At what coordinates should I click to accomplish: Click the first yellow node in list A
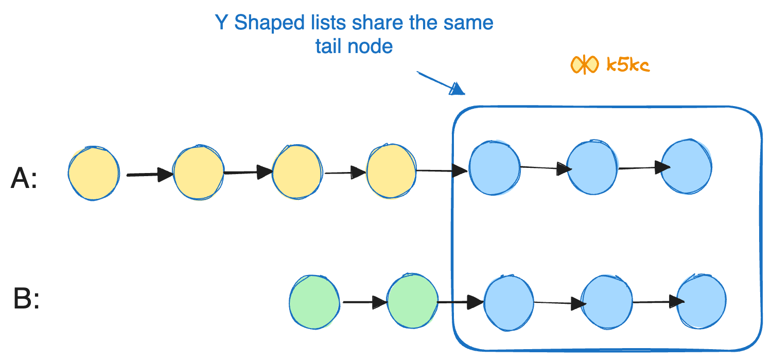94,174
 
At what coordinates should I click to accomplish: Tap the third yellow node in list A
297,172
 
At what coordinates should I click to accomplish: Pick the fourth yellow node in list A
391,171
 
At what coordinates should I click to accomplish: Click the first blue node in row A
494,168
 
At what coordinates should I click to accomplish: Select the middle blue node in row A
592,167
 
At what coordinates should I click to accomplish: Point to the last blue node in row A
687,166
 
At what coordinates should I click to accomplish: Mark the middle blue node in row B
606,303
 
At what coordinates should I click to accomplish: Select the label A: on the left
24,180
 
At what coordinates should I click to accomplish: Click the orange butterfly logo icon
585,65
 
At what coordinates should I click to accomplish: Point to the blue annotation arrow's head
457,90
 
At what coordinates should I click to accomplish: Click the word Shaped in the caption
266,24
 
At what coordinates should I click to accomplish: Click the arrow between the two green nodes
364,302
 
